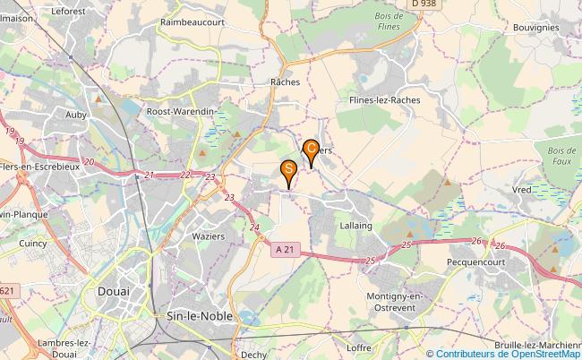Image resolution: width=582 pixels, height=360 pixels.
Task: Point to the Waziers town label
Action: tap(209, 236)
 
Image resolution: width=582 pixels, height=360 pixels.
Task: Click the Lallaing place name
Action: tap(355, 227)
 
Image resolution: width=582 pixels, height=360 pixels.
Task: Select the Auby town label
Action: tap(76, 114)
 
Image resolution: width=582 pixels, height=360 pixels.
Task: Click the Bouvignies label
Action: tap(536, 27)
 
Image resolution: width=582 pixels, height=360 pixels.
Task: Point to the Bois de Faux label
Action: tap(561, 155)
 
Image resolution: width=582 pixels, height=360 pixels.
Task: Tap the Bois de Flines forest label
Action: tap(389, 21)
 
